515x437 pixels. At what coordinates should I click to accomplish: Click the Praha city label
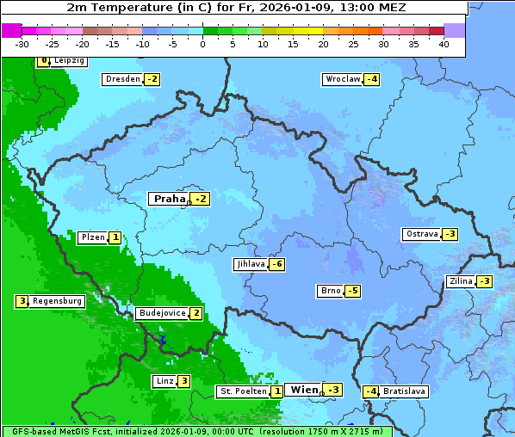pos(170,199)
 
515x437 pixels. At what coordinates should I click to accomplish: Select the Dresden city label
pos(122,79)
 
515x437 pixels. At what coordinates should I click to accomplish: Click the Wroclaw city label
pos(342,79)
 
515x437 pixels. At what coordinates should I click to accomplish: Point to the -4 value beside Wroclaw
pos(371,79)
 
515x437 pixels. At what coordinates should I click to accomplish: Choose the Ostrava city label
pos(422,234)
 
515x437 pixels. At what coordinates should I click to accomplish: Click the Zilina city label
pos(461,281)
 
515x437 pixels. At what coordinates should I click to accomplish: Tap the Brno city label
pos(330,291)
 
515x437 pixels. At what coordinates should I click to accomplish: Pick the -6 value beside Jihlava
pos(276,264)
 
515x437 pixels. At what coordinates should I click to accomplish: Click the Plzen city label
pos(92,237)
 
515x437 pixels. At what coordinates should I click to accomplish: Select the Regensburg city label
pos(58,301)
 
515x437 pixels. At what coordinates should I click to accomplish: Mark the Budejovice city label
pos(162,313)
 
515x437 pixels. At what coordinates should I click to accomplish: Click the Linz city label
pos(164,381)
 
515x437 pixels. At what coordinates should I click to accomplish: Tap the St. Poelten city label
pos(243,391)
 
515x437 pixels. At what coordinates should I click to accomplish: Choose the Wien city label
pos(304,390)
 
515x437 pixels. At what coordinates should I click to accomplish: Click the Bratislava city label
pos(405,391)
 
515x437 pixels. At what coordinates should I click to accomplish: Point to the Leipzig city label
pos(68,61)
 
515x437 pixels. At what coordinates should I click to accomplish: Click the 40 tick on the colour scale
pos(444,44)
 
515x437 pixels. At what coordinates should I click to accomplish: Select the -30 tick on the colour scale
pos(22,44)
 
